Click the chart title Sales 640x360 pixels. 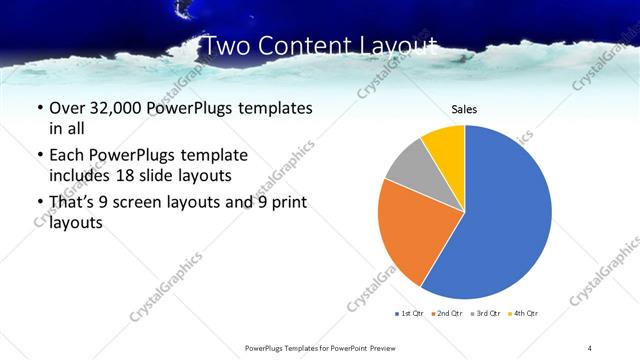click(x=463, y=109)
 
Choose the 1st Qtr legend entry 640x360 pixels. click(x=409, y=314)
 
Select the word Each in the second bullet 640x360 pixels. click(x=66, y=155)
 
